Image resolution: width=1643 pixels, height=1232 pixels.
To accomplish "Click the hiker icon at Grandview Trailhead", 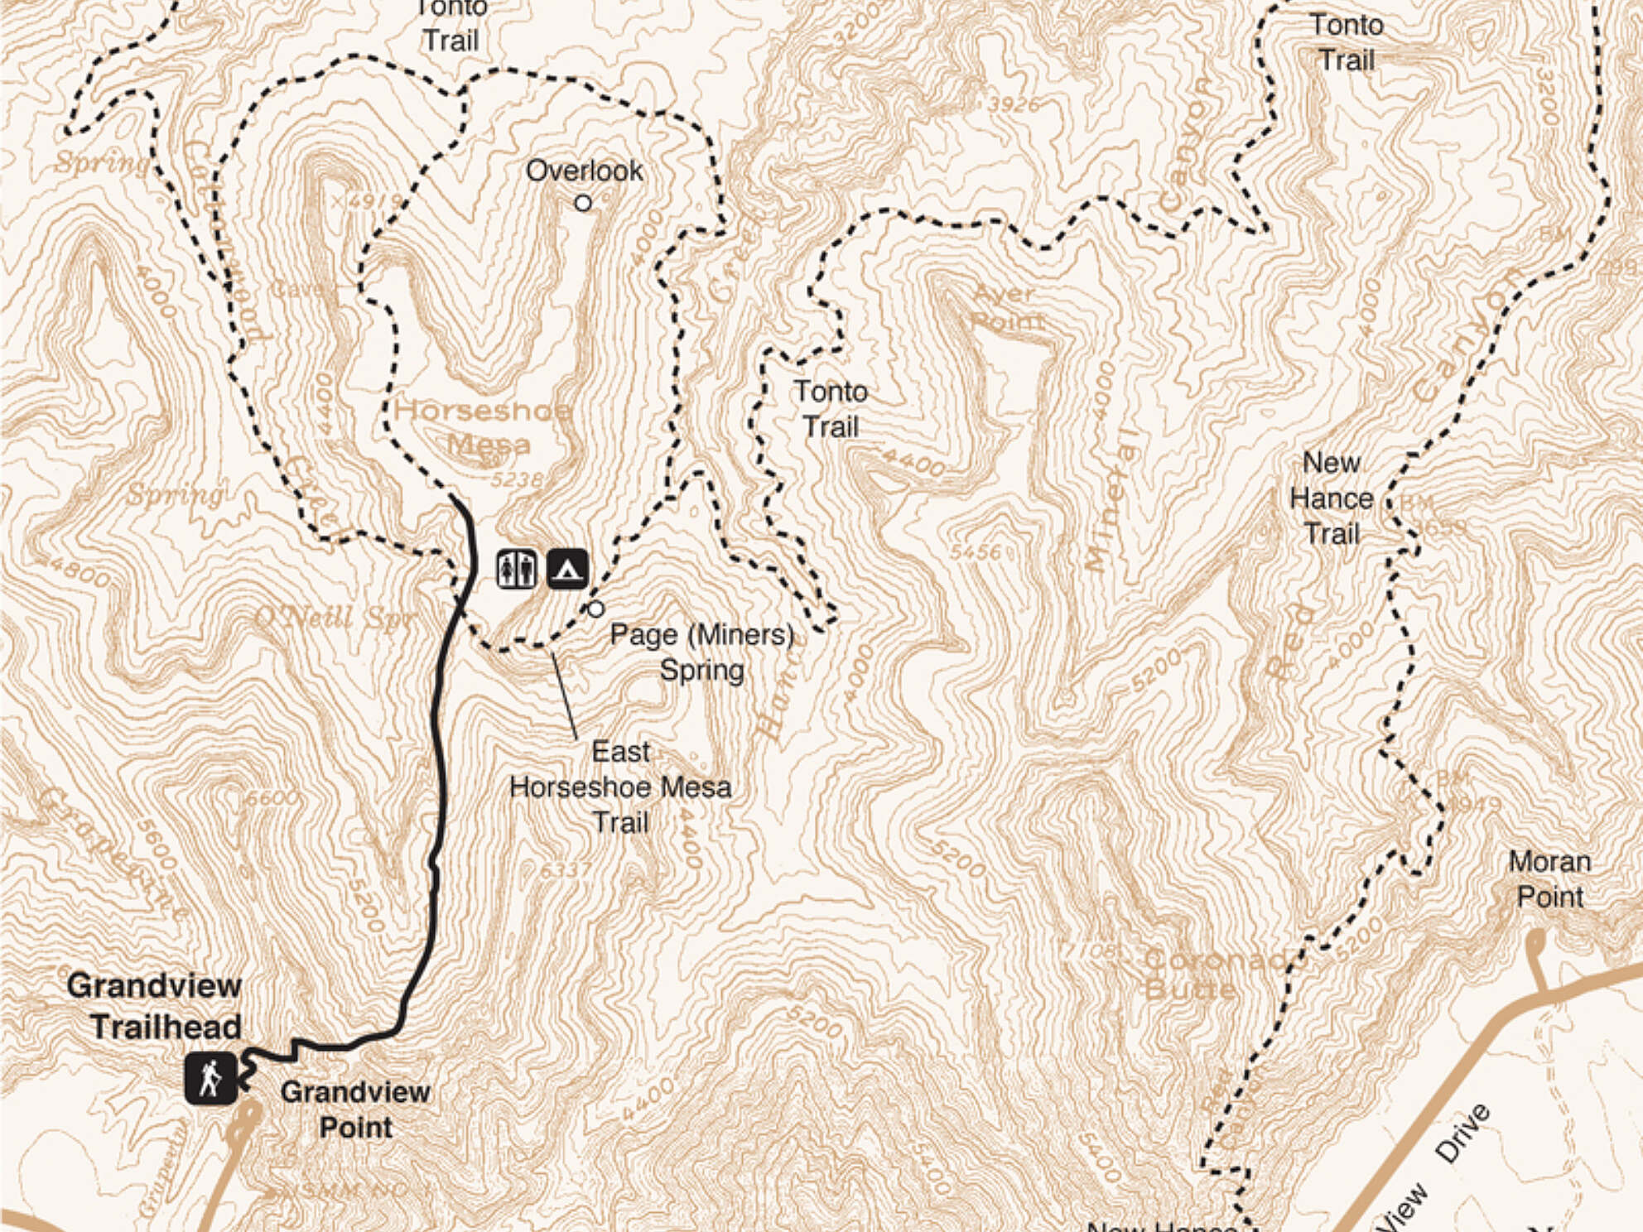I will tap(211, 1078).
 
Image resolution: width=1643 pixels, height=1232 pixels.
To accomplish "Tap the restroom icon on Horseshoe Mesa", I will tap(516, 570).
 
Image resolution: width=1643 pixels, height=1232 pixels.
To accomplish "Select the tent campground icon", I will tap(567, 570).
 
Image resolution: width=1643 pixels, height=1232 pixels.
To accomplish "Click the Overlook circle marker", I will tap(583, 203).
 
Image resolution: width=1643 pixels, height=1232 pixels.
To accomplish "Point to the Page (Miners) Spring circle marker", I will tap(595, 609).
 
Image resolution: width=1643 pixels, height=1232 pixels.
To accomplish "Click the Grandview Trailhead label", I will tap(156, 1006).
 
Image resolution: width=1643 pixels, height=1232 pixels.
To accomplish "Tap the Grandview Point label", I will tap(355, 1109).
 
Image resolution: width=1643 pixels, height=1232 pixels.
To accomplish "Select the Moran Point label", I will tap(1549, 879).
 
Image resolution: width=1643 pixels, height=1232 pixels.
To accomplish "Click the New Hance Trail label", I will tap(1331, 498).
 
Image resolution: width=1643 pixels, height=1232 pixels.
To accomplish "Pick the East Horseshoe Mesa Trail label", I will tap(620, 787).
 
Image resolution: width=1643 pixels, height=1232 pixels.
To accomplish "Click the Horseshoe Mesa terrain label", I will tap(484, 426).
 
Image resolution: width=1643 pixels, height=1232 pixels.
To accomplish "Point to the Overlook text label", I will tap(584, 171).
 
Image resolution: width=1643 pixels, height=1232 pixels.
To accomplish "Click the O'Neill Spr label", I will tap(334, 618).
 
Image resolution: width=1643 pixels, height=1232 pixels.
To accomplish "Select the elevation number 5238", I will tap(517, 479).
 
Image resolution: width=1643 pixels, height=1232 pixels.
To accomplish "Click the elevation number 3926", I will tap(1013, 104).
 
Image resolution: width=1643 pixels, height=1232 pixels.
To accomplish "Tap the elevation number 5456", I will tap(976, 551).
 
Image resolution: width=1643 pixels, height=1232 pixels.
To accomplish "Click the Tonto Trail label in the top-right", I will tap(1346, 42).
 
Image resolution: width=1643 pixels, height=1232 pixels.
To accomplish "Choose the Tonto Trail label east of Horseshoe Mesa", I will tap(831, 409).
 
